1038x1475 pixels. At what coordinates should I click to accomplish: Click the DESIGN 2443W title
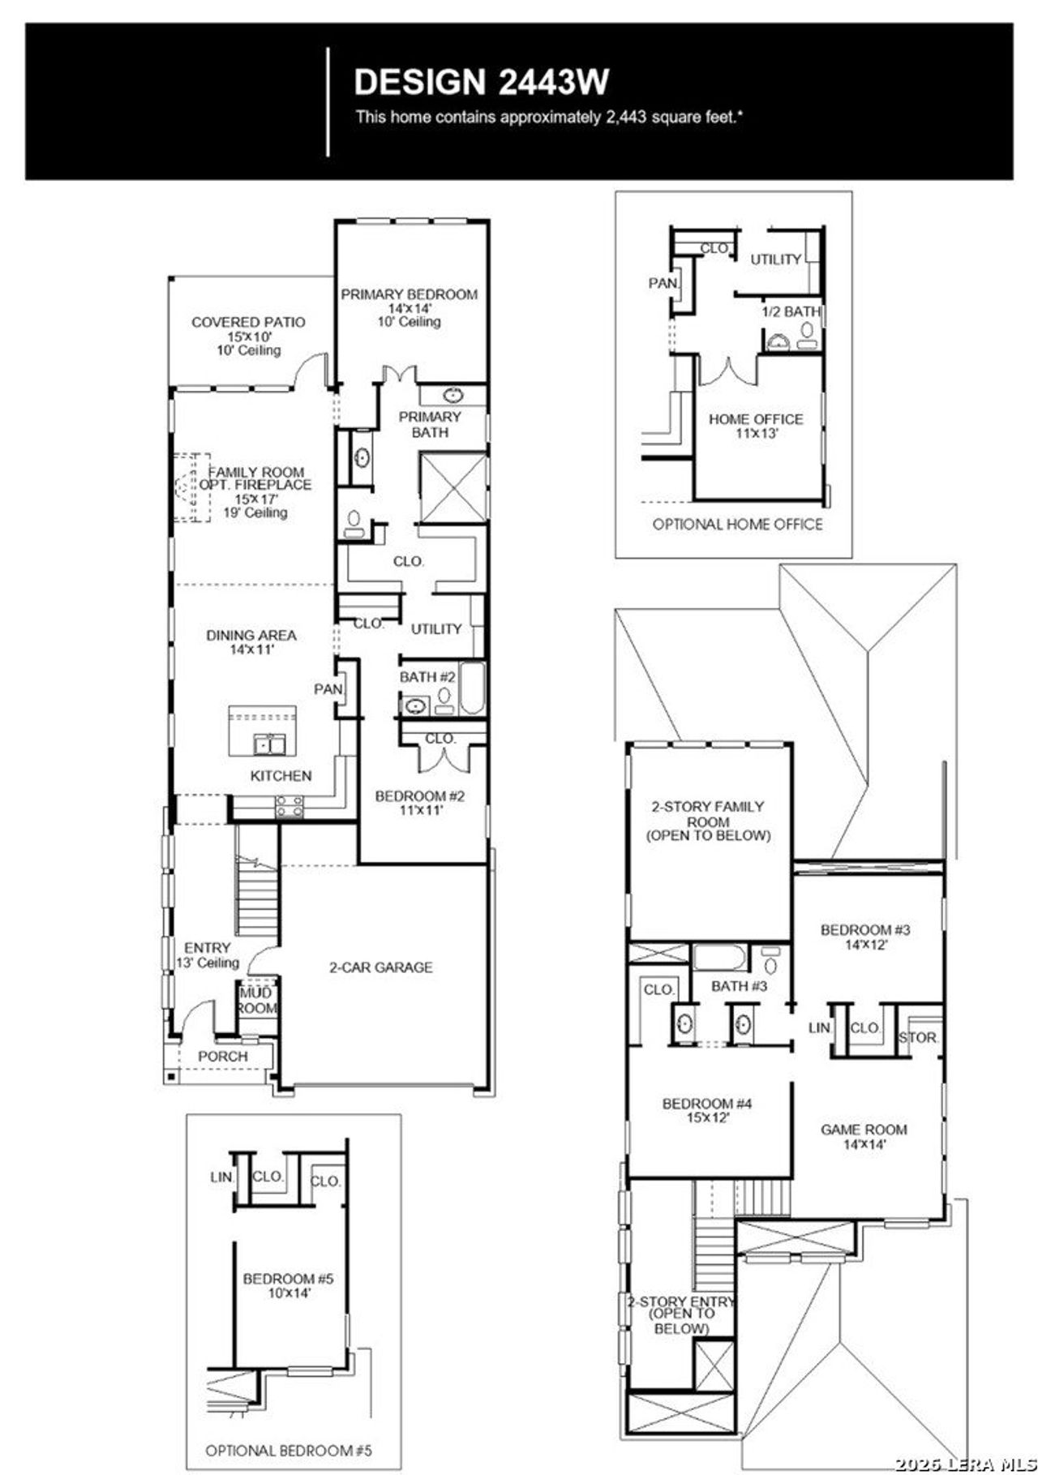coord(482,82)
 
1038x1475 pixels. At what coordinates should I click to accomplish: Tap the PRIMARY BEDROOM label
coord(409,294)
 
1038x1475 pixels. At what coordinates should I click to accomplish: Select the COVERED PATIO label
coord(248,323)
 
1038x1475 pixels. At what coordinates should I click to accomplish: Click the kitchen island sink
coord(268,743)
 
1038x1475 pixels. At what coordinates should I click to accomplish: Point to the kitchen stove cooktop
coord(290,806)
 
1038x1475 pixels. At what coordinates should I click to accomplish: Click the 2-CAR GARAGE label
coord(380,967)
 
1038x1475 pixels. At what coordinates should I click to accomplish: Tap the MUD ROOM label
coord(257,1001)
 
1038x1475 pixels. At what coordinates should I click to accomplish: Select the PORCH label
coord(223,1057)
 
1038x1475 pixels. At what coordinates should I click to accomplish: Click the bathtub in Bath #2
coord(472,689)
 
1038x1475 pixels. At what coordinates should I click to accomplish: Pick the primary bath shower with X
coord(453,488)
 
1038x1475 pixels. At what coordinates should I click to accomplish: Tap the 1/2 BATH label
coord(791,311)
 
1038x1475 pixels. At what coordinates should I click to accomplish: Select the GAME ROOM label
coord(864,1130)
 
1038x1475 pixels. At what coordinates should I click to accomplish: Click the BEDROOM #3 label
coord(865,930)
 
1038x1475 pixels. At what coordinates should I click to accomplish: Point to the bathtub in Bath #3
coord(719,957)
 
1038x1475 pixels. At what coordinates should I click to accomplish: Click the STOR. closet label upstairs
coord(918,1038)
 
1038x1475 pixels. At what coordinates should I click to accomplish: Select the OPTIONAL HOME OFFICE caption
coord(737,525)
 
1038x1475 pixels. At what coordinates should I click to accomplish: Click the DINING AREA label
coord(251,636)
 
